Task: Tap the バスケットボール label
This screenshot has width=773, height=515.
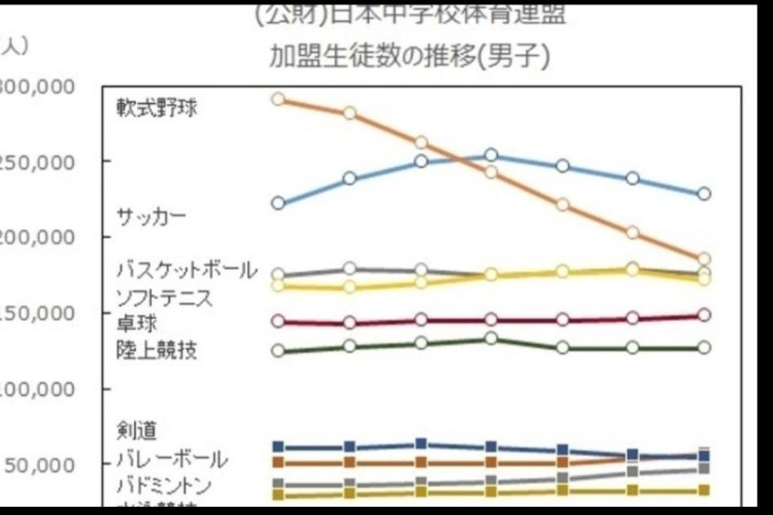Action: (x=186, y=270)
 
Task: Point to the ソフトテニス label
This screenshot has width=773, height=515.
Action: (x=164, y=297)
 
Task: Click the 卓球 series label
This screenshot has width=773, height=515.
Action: (x=136, y=323)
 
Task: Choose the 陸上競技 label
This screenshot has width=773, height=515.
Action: (x=156, y=351)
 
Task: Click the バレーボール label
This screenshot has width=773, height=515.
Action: (x=171, y=459)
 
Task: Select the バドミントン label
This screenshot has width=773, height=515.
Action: (x=164, y=486)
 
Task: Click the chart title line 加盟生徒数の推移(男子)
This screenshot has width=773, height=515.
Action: (x=410, y=58)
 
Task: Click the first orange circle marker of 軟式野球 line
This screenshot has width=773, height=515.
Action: (x=278, y=99)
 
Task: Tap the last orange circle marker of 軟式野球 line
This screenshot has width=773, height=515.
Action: (x=704, y=259)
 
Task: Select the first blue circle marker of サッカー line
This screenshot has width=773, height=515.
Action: (x=278, y=204)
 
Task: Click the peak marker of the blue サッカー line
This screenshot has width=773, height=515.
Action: (x=491, y=155)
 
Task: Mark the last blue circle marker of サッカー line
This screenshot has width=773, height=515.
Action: (x=704, y=194)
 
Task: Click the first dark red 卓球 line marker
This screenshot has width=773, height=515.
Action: (x=278, y=321)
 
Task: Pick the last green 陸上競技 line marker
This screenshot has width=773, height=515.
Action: (x=704, y=348)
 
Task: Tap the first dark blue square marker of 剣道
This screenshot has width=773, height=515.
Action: (x=279, y=447)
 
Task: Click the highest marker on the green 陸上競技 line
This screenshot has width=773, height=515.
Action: (x=491, y=339)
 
